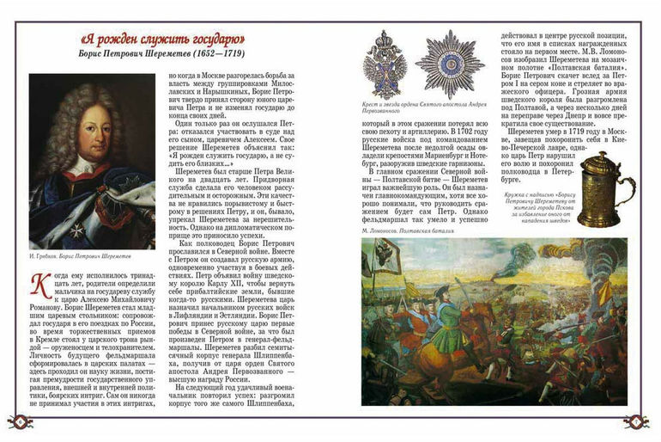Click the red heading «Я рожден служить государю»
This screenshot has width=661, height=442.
(x=156, y=40)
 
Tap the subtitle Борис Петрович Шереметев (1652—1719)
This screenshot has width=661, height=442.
(x=156, y=58)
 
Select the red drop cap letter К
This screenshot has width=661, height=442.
(x=39, y=284)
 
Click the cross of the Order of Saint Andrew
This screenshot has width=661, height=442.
(x=384, y=64)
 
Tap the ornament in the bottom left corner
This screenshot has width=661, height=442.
(x=20, y=422)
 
